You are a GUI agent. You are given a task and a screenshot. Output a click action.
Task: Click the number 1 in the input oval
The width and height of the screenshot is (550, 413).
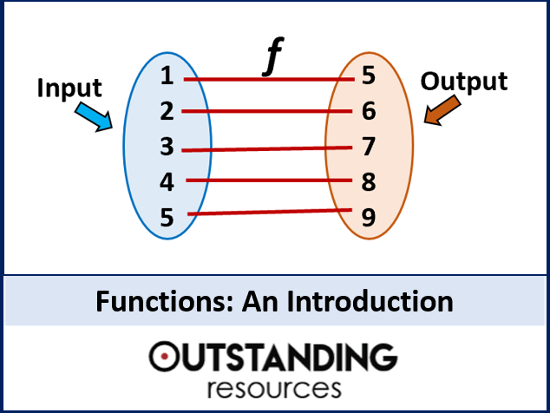click(167, 77)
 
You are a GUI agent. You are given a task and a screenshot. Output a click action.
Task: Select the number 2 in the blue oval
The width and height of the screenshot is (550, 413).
click(167, 112)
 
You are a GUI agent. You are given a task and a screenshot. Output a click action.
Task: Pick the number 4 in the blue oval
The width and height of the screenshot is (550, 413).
click(167, 183)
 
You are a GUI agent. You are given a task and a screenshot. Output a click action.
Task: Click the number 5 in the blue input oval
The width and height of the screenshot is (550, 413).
click(167, 219)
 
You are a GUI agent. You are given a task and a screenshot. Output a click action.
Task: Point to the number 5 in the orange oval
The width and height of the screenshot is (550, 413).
click(369, 76)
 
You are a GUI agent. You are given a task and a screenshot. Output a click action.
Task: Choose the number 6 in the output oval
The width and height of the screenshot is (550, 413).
click(369, 111)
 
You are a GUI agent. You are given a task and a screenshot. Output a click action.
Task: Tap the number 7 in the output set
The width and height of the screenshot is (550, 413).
click(369, 146)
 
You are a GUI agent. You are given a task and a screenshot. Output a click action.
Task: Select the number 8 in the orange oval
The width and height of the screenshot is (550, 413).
click(369, 181)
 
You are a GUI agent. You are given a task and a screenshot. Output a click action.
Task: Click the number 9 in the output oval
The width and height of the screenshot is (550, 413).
click(369, 218)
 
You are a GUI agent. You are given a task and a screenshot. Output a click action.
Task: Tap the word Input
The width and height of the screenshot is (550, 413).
click(69, 88)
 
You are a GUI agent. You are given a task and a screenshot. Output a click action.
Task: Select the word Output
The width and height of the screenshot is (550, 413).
click(463, 82)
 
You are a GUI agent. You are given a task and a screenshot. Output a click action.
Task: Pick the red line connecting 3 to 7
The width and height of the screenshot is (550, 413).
click(269, 148)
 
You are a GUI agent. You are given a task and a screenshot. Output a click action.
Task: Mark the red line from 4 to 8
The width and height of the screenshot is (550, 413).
click(269, 180)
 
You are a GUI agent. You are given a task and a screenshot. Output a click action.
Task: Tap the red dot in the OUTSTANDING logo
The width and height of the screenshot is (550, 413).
click(163, 355)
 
